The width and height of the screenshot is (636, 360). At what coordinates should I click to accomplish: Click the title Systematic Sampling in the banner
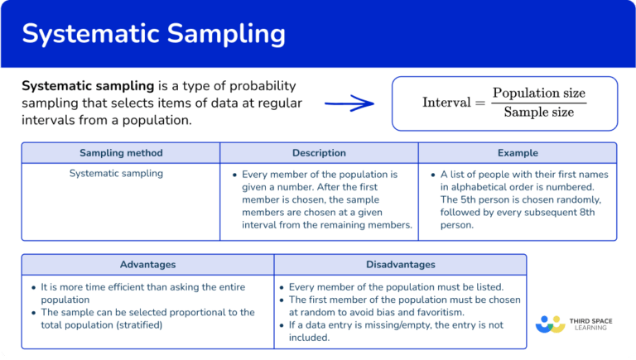[153, 34]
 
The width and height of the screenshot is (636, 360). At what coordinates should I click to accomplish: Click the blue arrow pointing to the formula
[349, 103]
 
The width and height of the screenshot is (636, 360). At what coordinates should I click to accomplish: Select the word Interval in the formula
[446, 103]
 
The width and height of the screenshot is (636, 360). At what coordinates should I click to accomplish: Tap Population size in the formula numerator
[539, 93]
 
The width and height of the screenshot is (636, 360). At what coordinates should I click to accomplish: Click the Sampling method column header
[121, 153]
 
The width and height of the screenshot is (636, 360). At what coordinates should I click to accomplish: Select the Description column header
[319, 153]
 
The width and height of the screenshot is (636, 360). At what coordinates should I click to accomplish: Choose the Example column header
[518, 153]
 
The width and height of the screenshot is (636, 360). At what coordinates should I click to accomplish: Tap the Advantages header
[147, 265]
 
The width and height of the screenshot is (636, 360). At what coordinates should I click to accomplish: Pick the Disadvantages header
[400, 265]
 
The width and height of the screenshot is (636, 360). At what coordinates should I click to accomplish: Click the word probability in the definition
[253, 87]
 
